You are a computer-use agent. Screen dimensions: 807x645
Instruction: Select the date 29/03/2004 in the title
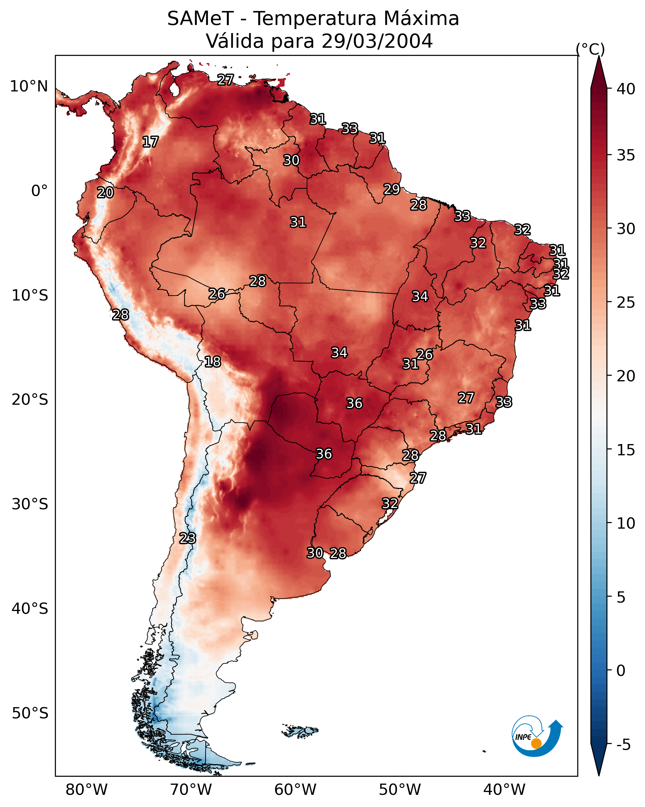(x=377, y=41)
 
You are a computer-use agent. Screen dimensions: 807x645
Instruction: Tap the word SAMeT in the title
(x=200, y=19)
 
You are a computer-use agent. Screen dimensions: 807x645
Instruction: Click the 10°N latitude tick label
(x=29, y=86)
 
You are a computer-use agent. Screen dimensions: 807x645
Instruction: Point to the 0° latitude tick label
(x=39, y=191)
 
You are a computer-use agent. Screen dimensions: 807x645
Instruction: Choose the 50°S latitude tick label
(x=30, y=713)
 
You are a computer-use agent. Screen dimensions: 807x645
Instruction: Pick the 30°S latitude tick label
(x=30, y=504)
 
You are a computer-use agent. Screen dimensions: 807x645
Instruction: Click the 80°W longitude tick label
(x=86, y=790)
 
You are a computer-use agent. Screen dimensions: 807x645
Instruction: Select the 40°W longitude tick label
(x=504, y=790)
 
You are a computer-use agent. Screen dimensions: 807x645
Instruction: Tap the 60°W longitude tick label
(x=296, y=790)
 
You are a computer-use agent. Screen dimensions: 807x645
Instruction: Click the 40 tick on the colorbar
(x=626, y=89)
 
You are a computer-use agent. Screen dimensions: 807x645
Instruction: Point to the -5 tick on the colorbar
(x=623, y=745)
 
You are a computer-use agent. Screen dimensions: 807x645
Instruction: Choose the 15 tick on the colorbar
(x=626, y=450)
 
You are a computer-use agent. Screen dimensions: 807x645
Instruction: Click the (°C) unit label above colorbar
(x=590, y=49)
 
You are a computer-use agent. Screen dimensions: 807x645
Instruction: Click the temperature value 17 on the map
(x=150, y=142)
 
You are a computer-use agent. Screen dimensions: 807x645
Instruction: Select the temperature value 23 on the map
(x=187, y=538)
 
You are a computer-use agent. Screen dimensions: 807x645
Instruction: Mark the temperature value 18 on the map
(x=213, y=362)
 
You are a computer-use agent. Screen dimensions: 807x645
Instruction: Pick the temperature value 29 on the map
(x=392, y=189)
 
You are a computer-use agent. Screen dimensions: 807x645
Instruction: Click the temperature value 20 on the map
(x=105, y=193)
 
